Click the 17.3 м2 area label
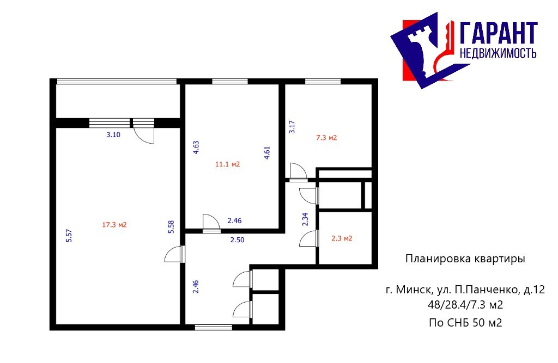tap(114, 225)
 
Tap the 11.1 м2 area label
tap(227, 164)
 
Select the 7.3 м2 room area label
tap(326, 138)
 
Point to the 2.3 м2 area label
tap(342, 238)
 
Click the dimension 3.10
tap(113, 135)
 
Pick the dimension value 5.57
tap(69, 236)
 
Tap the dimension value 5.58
tap(171, 227)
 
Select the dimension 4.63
tap(196, 147)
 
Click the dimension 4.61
tap(267, 153)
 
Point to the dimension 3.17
tap(292, 127)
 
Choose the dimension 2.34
tap(305, 219)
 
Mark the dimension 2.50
tap(238, 240)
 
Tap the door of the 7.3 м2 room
tap(298, 171)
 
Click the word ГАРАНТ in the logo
tap(498, 33)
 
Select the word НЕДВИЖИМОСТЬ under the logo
tap(498, 53)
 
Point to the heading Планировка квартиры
tap(465, 259)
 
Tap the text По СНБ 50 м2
tap(465, 323)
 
